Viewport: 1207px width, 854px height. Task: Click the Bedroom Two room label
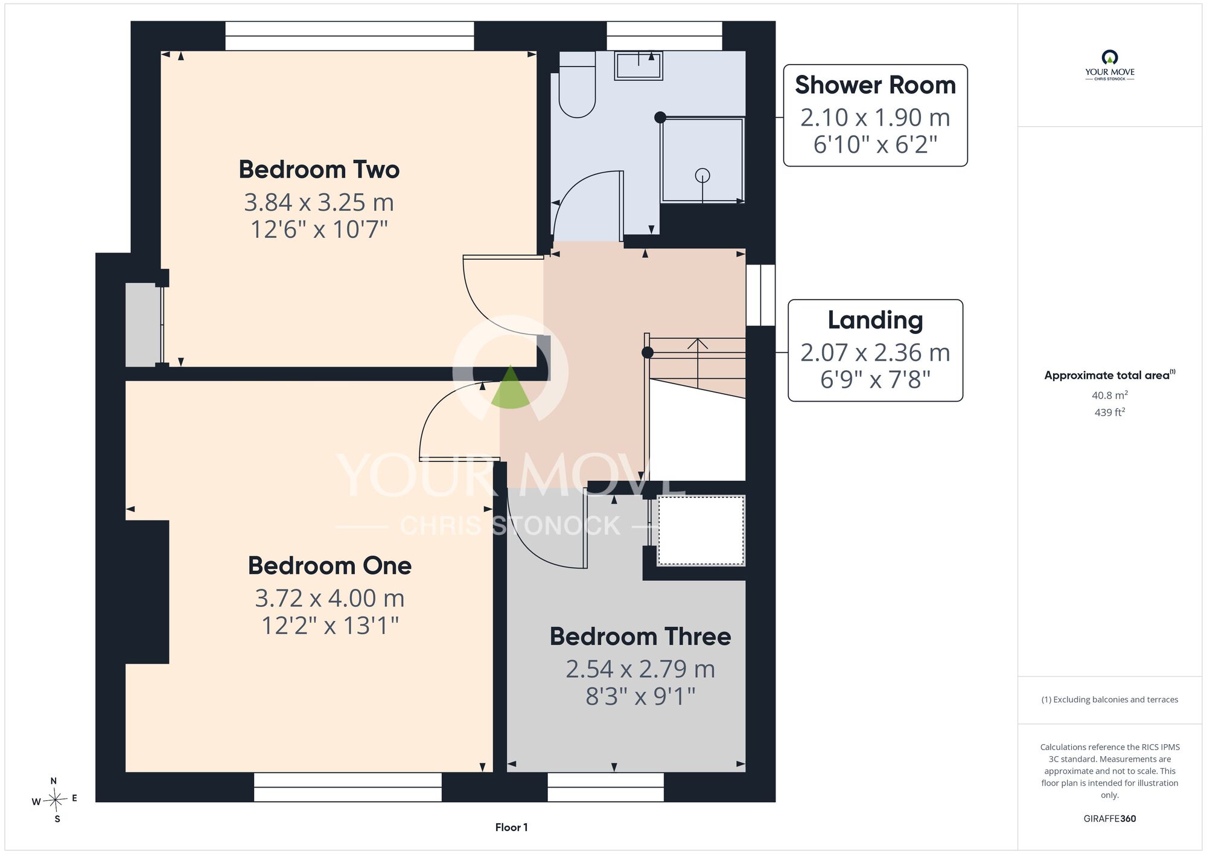click(319, 170)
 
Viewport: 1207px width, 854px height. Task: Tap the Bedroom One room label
click(330, 566)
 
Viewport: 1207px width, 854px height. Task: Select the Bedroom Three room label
click(640, 637)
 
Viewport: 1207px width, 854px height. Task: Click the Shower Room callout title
click(875, 85)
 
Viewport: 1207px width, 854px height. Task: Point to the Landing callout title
click(875, 320)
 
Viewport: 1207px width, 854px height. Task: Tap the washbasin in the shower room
click(639, 66)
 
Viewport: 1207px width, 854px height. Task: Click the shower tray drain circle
click(702, 175)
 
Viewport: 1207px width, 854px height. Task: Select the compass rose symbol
click(55, 800)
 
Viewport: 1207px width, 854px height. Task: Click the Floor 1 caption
click(511, 827)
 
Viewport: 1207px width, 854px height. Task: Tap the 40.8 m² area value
click(1110, 395)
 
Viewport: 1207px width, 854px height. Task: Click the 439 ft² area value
click(1110, 413)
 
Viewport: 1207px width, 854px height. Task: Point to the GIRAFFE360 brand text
click(1110, 819)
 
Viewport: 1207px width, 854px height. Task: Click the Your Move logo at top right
click(1110, 65)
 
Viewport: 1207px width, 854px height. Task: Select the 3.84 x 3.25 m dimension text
click(319, 202)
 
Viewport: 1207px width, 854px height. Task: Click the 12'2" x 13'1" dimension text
click(330, 626)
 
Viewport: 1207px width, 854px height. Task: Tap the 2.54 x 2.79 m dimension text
click(640, 669)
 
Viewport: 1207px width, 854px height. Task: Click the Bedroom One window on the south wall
click(348, 787)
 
